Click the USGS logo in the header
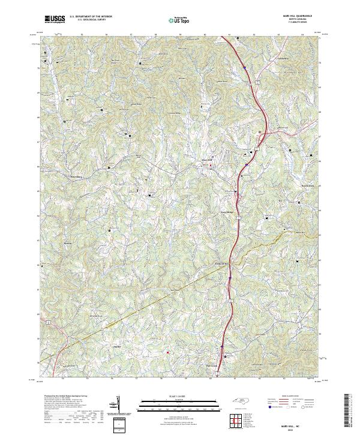(55, 19)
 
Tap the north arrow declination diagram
(118, 405)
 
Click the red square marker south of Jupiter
(168, 352)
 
